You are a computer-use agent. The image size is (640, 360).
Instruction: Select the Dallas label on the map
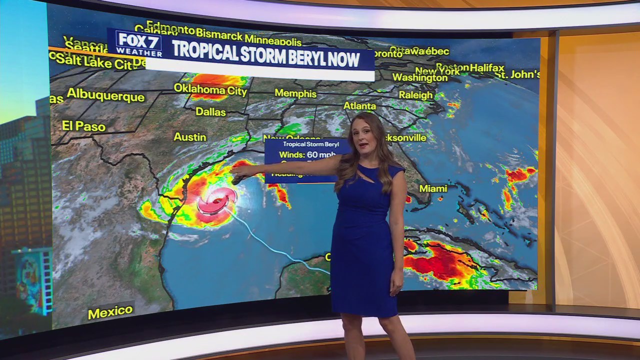pos(210,111)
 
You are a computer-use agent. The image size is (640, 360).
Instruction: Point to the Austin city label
pos(190,136)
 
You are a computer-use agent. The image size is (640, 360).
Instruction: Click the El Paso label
pos(84,125)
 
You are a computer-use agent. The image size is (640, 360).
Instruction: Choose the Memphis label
pos(295,93)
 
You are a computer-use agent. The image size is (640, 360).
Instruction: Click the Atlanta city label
pos(359,106)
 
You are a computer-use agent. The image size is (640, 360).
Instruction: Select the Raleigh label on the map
pos(415,94)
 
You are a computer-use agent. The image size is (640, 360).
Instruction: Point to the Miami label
pos(433,188)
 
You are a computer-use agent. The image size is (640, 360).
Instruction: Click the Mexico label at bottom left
pos(110,311)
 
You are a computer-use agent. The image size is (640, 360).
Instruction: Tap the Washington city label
pos(419,77)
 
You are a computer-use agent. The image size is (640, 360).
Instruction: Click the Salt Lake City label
pos(93,61)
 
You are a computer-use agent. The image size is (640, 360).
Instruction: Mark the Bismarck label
pos(219,34)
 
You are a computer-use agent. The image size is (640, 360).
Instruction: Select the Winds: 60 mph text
pos(307,154)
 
